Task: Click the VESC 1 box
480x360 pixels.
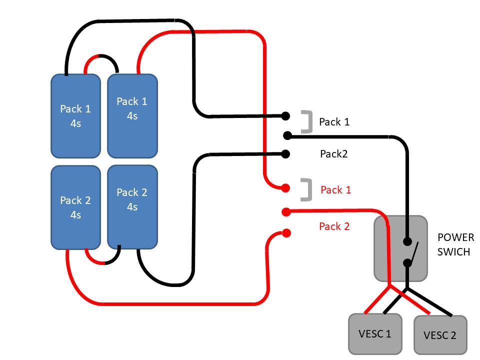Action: click(x=375, y=333)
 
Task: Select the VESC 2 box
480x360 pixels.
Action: click(x=440, y=335)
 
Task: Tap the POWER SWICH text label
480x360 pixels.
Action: click(x=453, y=244)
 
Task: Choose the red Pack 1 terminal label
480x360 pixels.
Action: click(x=335, y=190)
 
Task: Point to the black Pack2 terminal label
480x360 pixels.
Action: click(x=333, y=154)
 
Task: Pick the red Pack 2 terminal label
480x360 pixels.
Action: click(x=334, y=226)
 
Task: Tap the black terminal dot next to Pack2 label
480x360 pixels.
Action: click(x=286, y=153)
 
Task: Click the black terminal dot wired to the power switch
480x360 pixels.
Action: click(x=287, y=135)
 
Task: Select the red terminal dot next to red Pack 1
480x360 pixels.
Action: click(x=285, y=188)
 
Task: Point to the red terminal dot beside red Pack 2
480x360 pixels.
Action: click(x=286, y=232)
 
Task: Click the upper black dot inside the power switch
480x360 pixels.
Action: click(x=408, y=240)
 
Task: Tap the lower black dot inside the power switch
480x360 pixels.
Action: click(x=408, y=262)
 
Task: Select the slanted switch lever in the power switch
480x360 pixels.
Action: click(x=412, y=251)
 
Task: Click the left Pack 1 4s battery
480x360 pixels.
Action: click(x=75, y=116)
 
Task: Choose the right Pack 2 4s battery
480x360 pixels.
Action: click(x=132, y=207)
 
